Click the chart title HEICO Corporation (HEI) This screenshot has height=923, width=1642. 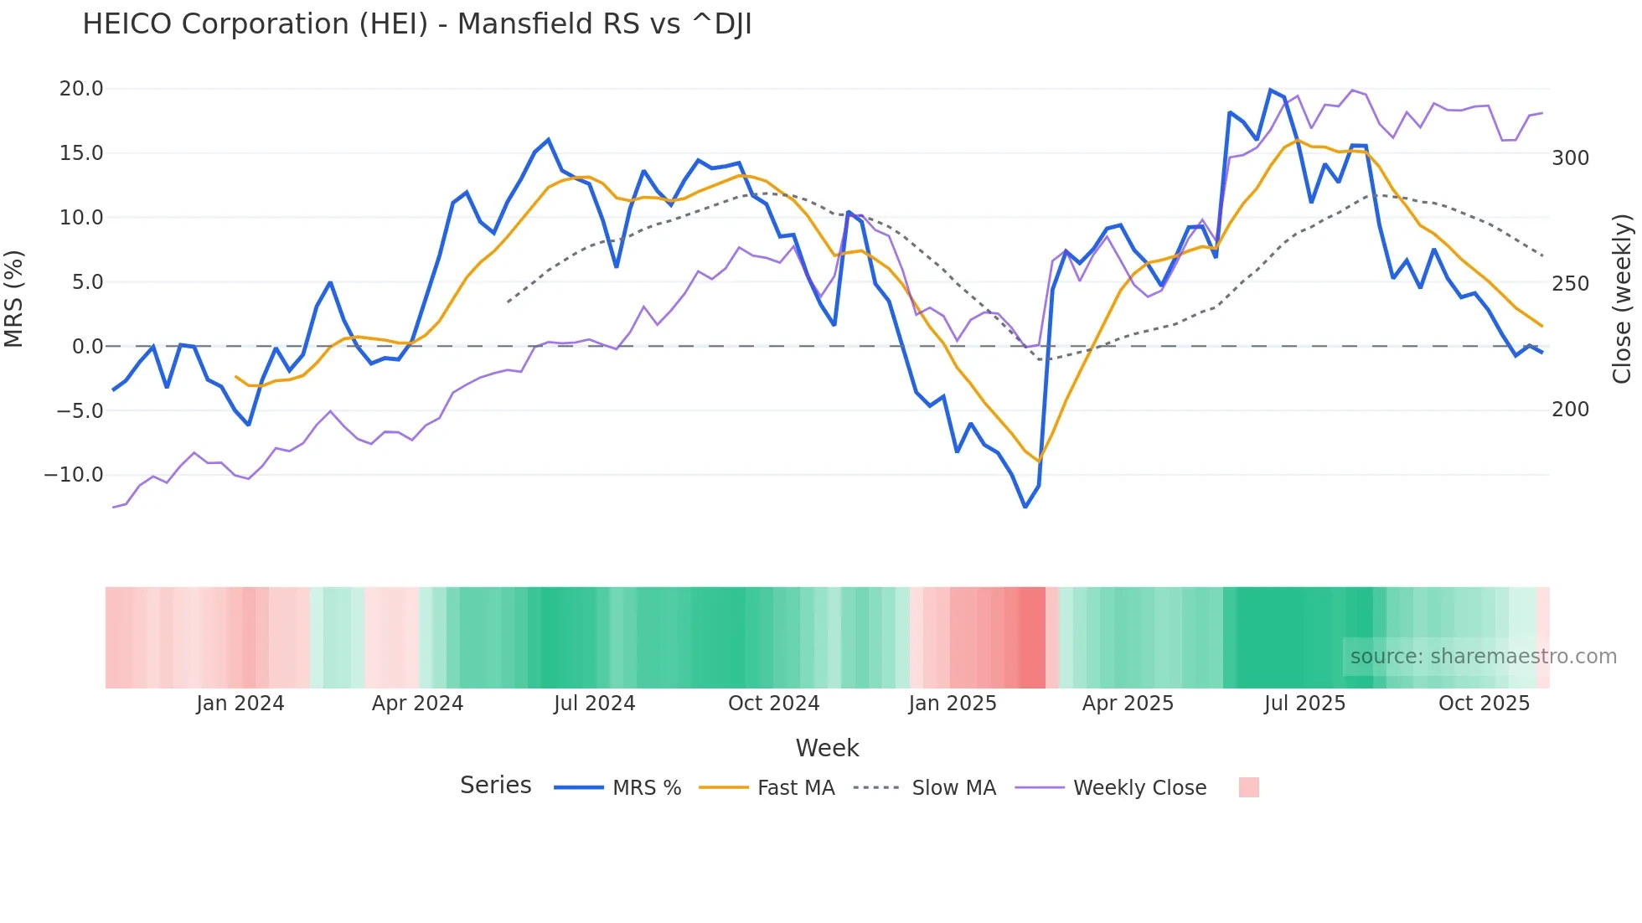(x=416, y=24)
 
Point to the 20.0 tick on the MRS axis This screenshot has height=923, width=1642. (x=81, y=89)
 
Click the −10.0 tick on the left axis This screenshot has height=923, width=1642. (x=74, y=475)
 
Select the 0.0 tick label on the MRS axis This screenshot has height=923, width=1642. (x=87, y=346)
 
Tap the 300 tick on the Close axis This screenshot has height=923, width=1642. (x=1570, y=158)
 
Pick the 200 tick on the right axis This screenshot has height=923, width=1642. (x=1570, y=410)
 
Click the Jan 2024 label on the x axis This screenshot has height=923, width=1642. (x=240, y=704)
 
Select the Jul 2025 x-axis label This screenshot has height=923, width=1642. (x=1304, y=704)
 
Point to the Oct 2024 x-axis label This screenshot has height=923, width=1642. (x=773, y=704)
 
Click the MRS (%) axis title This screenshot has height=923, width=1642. (x=14, y=299)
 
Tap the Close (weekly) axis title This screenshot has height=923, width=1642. (x=1623, y=299)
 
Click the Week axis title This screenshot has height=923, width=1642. (x=827, y=748)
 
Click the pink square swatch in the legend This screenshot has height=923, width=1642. (x=1248, y=787)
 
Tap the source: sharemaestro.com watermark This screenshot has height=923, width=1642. (x=1483, y=657)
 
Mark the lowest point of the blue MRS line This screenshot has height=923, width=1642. (x=1025, y=507)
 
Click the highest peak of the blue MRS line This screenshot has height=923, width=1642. (x=1270, y=90)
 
